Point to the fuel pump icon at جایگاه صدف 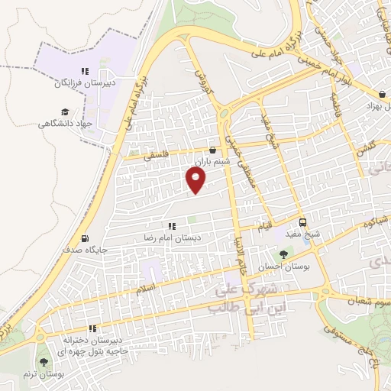click(x=83, y=238)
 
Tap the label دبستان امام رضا click(x=173, y=238)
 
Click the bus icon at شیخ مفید click(x=302, y=223)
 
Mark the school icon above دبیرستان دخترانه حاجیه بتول click(x=93, y=328)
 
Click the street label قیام click(x=262, y=227)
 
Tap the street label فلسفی click(x=153, y=155)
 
